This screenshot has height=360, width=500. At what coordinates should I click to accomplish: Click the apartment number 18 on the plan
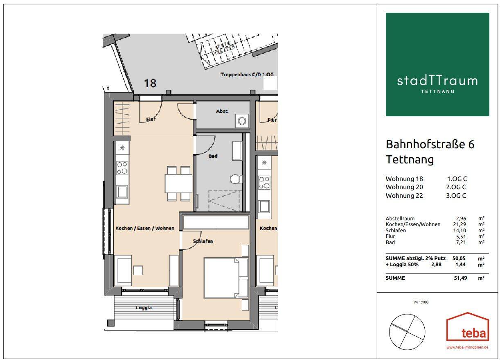tap(150, 83)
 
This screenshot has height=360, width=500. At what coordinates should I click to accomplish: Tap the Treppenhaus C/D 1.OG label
tap(247, 75)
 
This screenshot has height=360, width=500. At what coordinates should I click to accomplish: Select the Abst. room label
tap(222, 111)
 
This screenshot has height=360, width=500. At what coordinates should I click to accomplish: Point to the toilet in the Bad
tap(235, 179)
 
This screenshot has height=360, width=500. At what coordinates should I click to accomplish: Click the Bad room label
tap(213, 156)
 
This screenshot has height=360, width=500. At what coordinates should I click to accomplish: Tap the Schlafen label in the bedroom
tap(203, 241)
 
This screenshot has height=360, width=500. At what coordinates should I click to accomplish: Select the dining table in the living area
tap(179, 183)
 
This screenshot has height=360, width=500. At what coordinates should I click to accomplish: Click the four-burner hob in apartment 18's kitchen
tap(122, 167)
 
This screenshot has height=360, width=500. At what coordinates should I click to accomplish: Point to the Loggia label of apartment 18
tap(144, 308)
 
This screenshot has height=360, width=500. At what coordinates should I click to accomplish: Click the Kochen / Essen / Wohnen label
tap(145, 228)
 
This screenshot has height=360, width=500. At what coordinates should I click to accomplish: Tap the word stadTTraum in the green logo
tap(437, 80)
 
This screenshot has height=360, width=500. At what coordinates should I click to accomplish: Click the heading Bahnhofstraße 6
tap(430, 144)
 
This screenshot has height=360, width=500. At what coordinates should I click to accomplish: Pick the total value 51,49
tap(459, 278)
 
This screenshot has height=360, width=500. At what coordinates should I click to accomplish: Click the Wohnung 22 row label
tap(404, 195)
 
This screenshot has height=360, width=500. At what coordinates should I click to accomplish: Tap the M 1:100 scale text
tap(421, 302)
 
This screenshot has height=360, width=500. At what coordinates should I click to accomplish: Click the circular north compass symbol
tap(407, 332)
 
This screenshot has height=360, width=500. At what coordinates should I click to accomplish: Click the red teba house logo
tap(467, 328)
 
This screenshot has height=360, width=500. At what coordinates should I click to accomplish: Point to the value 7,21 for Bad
tap(461, 242)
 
